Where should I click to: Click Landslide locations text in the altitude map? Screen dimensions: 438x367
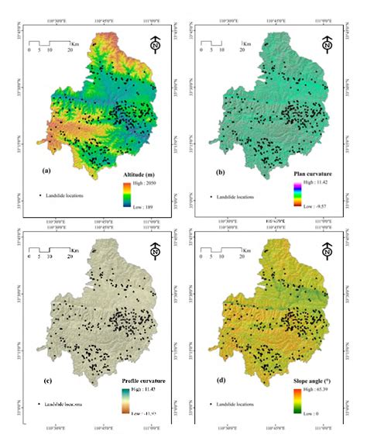click(65, 195)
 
